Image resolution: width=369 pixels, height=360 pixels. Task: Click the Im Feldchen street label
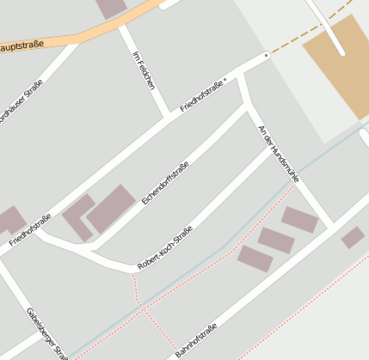pyautogui.click(x=144, y=70)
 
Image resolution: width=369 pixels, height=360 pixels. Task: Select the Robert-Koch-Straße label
pyautogui.click(x=164, y=247)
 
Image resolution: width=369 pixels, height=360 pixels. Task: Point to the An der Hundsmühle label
pyautogui.click(x=279, y=153)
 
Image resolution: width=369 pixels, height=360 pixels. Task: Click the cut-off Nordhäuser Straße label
pyautogui.click(x=21, y=102)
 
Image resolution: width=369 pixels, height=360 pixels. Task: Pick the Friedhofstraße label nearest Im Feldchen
pyautogui.click(x=202, y=96)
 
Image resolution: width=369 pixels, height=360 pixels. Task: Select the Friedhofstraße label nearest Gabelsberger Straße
pyautogui.click(x=30, y=229)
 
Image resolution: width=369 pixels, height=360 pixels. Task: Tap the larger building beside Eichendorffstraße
pyautogui.click(x=111, y=209)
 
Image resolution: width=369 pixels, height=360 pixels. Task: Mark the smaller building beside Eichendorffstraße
pyautogui.click(x=78, y=217)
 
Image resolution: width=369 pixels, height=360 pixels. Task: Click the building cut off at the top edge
pyautogui.click(x=112, y=8)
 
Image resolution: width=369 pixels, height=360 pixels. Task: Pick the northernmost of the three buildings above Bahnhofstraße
pyautogui.click(x=299, y=220)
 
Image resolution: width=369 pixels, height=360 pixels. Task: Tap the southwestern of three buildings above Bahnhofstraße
pyautogui.click(x=255, y=259)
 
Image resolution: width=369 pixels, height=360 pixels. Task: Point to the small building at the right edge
pyautogui.click(x=353, y=238)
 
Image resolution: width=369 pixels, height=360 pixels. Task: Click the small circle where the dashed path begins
pyautogui.click(x=267, y=55)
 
